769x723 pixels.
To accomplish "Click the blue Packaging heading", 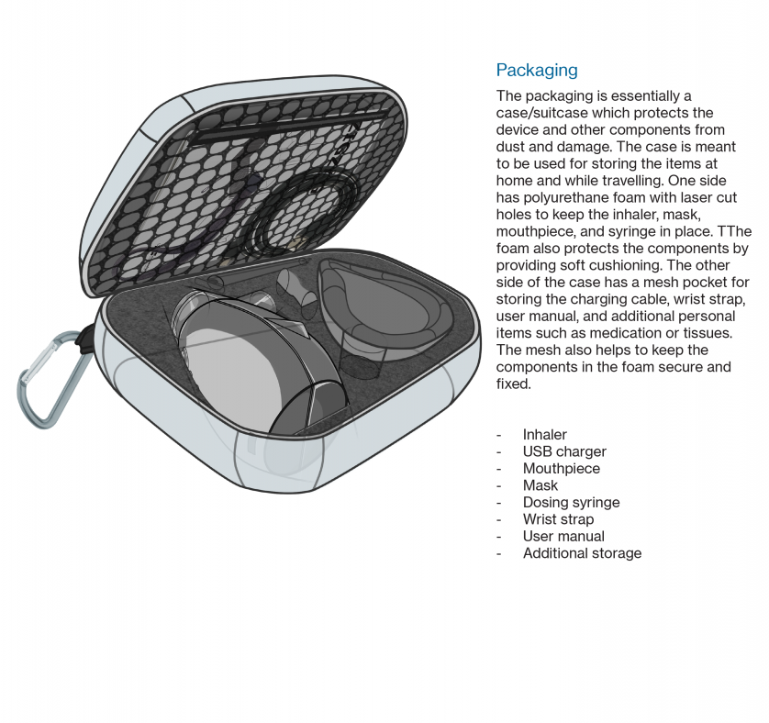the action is pyautogui.click(x=537, y=70).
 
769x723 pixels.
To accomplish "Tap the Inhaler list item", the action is pyautogui.click(x=544, y=435).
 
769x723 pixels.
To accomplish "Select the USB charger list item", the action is pyautogui.click(x=564, y=451).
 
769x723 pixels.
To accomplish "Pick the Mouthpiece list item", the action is pyautogui.click(x=561, y=469).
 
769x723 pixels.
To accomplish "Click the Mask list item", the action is pyautogui.click(x=540, y=485).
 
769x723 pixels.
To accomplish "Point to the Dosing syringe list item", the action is pyautogui.click(x=571, y=502).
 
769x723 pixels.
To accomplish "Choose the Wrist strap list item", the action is pyautogui.click(x=558, y=519).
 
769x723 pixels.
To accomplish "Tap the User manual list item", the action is pyautogui.click(x=563, y=536).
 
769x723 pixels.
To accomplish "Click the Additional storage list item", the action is pyautogui.click(x=582, y=552).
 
